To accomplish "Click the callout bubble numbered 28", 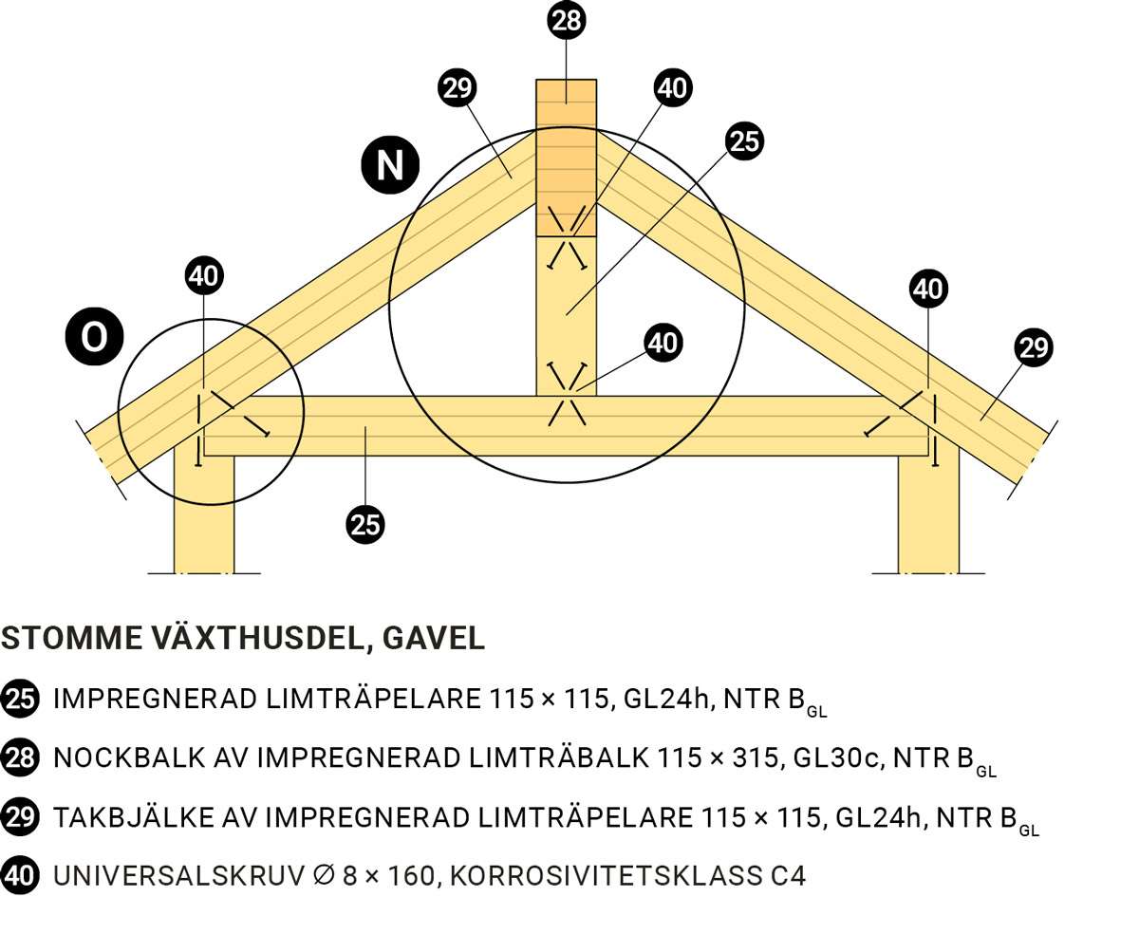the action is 566,21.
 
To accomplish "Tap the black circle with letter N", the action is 390,165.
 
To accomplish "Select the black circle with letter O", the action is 95,337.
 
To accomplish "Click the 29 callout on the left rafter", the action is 457,87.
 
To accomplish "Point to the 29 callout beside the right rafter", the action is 1034,347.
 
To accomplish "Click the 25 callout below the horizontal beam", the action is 365,524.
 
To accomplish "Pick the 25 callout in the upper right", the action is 744,141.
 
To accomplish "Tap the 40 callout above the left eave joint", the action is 204,276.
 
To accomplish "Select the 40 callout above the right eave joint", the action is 928,289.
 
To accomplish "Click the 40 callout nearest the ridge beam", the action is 673,87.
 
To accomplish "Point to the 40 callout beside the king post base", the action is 663,343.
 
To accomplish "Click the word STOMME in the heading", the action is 72,638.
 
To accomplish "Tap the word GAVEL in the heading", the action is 434,638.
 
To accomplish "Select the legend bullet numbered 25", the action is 20,699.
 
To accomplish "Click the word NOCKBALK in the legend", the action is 130,757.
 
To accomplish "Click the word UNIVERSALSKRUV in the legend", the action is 179,876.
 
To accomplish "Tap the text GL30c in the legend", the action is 838,757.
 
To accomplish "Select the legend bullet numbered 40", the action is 20,876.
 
